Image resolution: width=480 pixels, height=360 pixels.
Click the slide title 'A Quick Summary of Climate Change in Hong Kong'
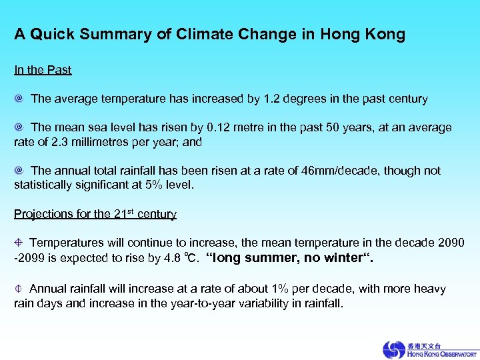(209, 35)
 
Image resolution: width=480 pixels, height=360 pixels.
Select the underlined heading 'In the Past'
(43, 70)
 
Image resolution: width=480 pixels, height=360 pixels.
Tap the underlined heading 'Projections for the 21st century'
(95, 214)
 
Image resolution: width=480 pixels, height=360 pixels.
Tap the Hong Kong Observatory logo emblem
(395, 349)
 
